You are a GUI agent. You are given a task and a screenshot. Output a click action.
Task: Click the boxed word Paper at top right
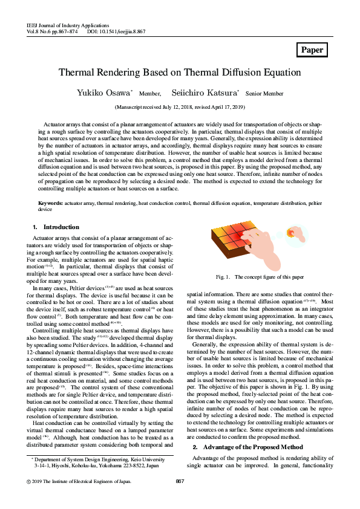pyautogui.click(x=312, y=50)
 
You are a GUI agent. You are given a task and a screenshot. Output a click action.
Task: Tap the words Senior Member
pyautogui.click(x=264, y=94)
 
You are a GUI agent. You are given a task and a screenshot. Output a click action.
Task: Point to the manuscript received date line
pyautogui.click(x=180, y=107)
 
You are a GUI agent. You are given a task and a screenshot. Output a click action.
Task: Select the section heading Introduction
pyautogui.click(x=61, y=227)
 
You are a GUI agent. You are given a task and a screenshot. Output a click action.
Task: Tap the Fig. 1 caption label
pyautogui.click(x=223, y=277)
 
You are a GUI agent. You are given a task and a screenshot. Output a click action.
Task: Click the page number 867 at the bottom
pyautogui.click(x=180, y=498)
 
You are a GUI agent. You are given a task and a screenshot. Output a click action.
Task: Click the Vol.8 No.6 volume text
pyautogui.click(x=41, y=32)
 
